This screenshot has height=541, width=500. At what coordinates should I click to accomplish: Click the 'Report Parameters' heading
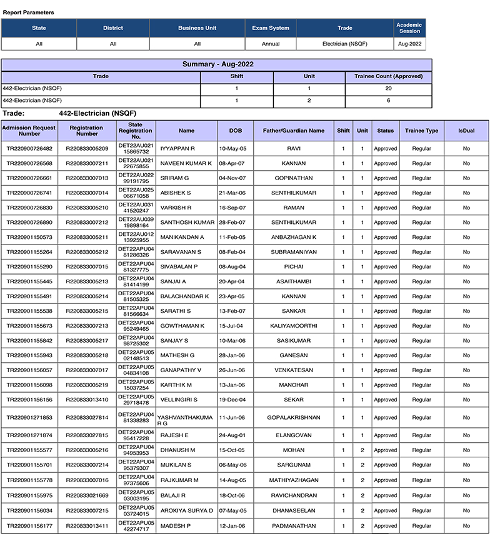(28, 13)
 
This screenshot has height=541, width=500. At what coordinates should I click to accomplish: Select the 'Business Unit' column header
(197, 28)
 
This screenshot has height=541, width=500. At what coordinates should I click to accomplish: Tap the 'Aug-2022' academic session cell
(410, 44)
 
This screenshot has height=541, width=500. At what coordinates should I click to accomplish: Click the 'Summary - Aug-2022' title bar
(217, 64)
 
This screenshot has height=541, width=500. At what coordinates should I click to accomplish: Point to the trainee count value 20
(388, 89)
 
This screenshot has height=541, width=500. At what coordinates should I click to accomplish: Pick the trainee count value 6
(388, 100)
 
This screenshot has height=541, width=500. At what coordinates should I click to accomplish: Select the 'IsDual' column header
(466, 131)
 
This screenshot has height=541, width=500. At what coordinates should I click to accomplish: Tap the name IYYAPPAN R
(177, 149)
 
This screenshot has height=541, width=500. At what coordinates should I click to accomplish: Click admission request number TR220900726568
(29, 164)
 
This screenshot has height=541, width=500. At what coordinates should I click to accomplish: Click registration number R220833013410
(87, 400)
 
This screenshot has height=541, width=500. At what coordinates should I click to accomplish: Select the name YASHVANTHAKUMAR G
(186, 418)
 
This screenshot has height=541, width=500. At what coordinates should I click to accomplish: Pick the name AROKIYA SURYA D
(186, 511)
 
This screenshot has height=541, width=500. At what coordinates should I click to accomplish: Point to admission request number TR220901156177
(29, 526)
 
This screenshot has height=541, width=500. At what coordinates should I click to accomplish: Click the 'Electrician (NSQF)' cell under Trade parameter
(345, 44)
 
